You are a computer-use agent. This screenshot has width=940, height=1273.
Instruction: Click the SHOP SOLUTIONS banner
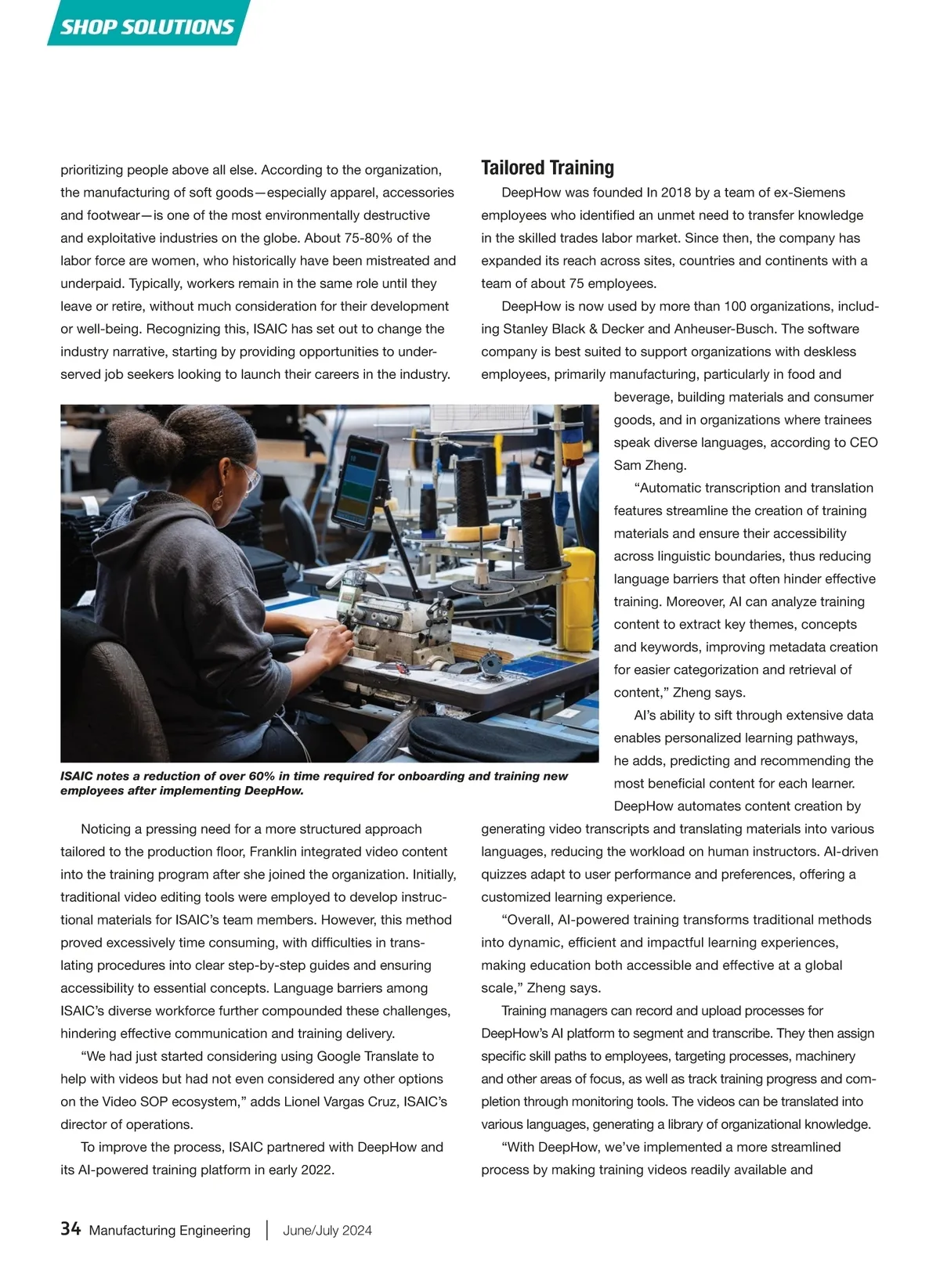click(147, 26)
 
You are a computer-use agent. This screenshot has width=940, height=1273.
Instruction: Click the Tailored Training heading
click(547, 168)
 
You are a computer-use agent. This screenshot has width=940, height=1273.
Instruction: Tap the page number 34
click(70, 1229)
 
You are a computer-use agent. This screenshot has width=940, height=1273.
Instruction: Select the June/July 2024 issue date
click(327, 1230)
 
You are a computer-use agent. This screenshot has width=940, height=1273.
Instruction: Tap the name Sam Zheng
click(649, 465)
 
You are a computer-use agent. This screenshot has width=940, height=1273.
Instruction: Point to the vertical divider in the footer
click(267, 1229)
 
